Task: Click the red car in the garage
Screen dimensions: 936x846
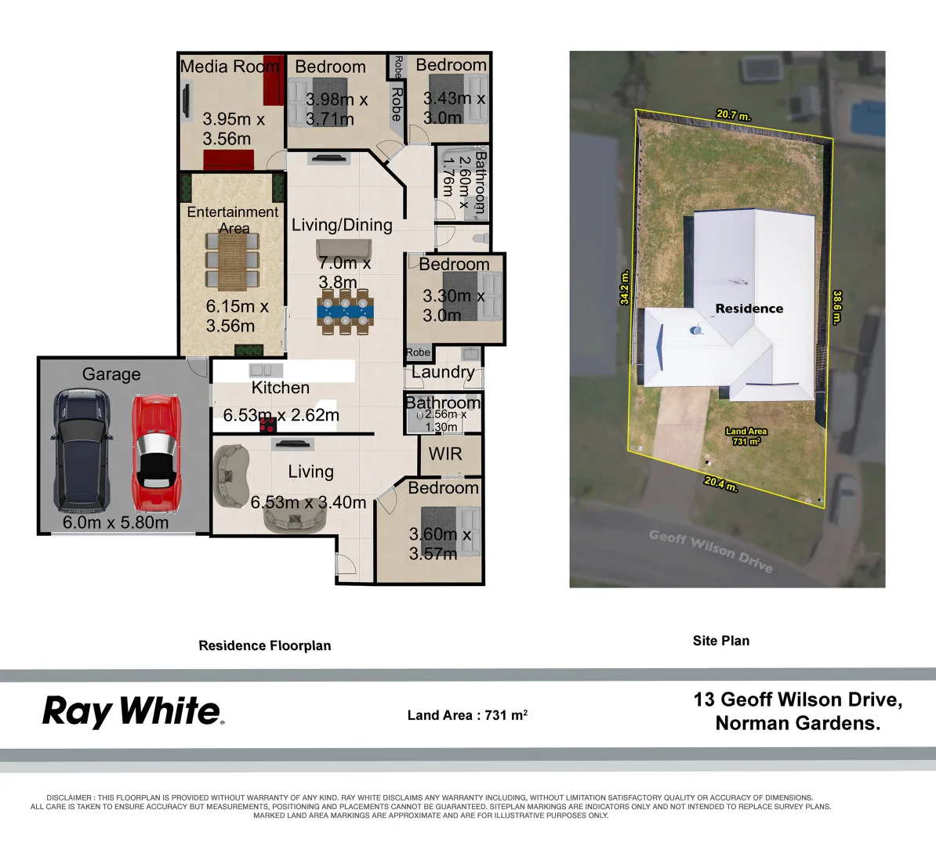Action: tap(157, 453)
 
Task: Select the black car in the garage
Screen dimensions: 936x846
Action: tap(82, 450)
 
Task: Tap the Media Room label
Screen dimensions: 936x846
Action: tap(230, 67)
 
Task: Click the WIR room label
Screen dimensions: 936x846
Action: tap(445, 454)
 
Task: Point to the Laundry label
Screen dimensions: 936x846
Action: tap(443, 372)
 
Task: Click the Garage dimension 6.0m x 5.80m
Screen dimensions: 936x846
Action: tap(116, 522)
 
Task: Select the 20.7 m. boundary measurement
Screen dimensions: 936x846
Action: tap(734, 114)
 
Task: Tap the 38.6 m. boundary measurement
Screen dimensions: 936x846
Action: tap(837, 307)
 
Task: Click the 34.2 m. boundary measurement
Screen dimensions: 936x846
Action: tap(625, 287)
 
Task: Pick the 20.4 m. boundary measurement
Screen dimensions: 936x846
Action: tap(720, 483)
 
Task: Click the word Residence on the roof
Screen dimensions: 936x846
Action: tap(749, 309)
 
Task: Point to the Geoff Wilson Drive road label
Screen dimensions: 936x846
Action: tap(711, 551)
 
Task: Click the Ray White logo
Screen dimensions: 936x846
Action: tap(133, 712)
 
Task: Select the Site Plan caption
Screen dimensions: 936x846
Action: tap(721, 641)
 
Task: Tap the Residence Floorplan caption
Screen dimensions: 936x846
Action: tap(264, 645)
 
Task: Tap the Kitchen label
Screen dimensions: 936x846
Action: tap(281, 388)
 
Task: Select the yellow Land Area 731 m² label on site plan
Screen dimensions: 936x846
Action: tap(746, 436)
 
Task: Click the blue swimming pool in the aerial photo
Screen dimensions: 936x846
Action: tap(867, 117)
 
